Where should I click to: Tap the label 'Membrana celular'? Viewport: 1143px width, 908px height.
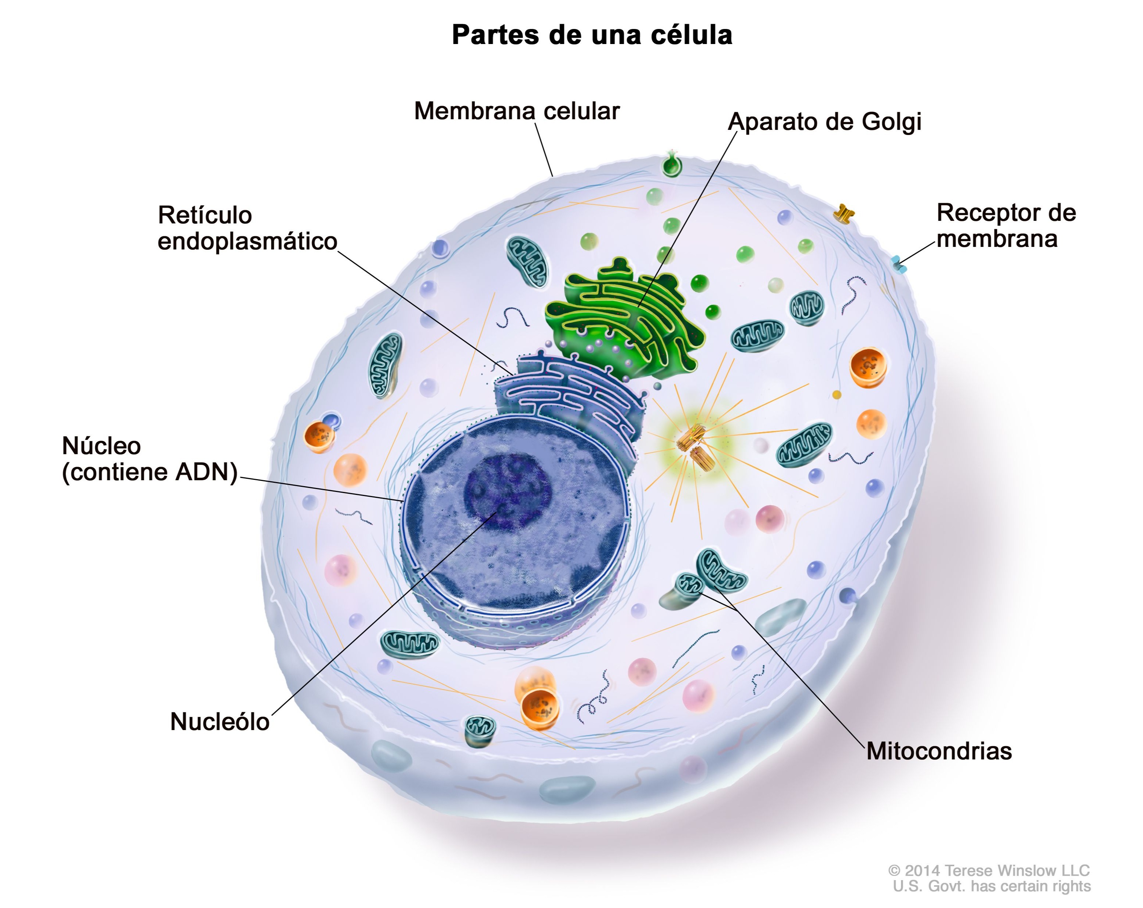point(516,112)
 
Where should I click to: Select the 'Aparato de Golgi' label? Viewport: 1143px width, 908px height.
point(824,122)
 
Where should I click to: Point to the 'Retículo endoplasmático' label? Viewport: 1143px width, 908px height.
point(247,228)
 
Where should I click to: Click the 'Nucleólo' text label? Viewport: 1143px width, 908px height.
point(219,722)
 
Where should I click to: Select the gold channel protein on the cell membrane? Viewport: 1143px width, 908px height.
point(843,214)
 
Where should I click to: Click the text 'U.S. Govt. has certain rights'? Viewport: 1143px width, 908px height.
point(992,887)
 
